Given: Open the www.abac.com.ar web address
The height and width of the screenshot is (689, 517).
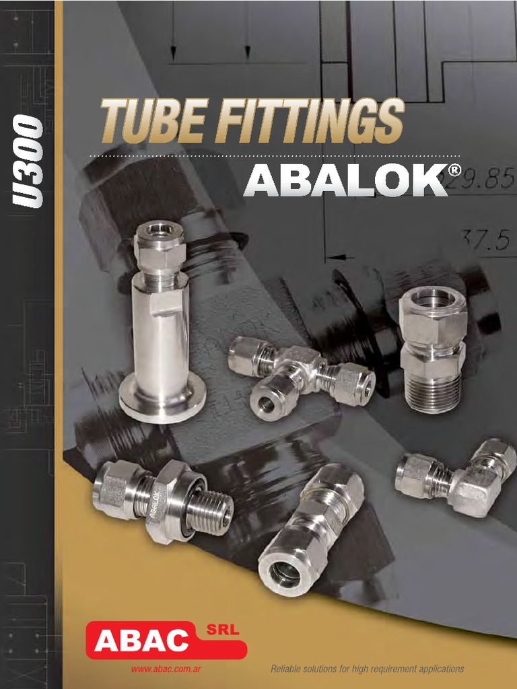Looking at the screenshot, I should point(166,669).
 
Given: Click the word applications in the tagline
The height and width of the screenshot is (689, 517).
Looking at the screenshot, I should point(439,669).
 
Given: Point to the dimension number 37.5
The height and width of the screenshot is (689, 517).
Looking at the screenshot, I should point(485,240).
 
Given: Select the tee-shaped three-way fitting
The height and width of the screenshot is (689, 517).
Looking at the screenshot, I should point(300,374).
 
